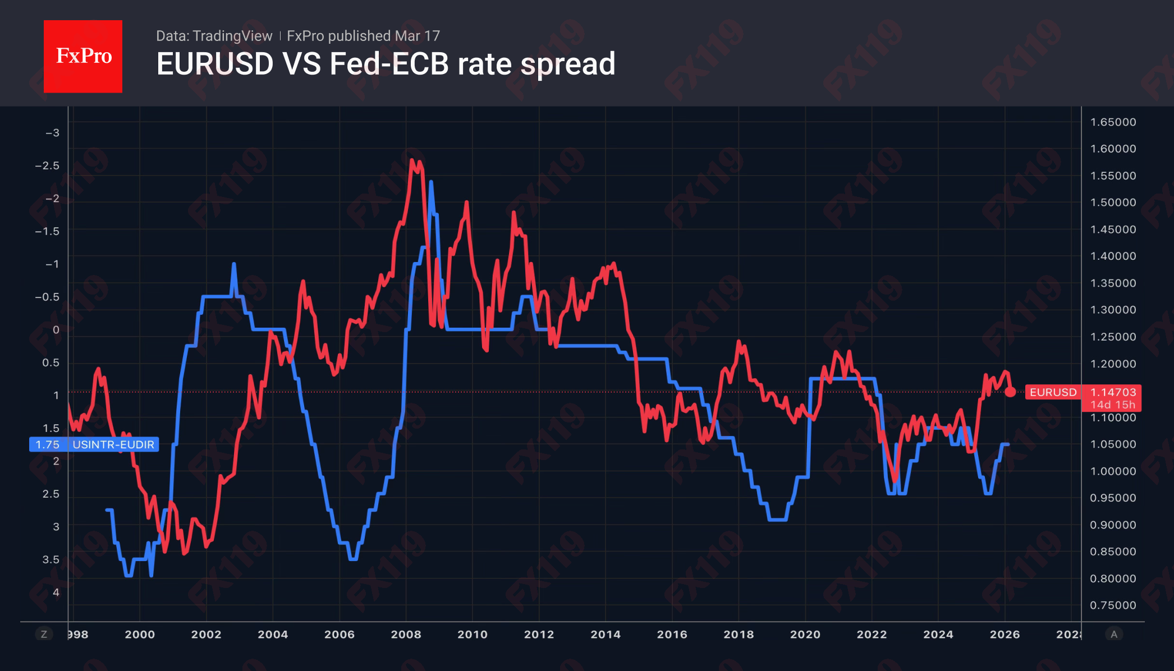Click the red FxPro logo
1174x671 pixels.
(x=83, y=56)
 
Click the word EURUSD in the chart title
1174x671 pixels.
(x=215, y=64)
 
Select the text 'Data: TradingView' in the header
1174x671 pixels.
(x=214, y=36)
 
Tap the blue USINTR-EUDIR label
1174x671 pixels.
(x=113, y=444)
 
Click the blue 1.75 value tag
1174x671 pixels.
(x=47, y=444)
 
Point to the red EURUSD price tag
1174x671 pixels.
(x=1053, y=392)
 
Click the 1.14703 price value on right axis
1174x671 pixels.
(x=1113, y=392)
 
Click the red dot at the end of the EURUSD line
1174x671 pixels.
(x=1010, y=392)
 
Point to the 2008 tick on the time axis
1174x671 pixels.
(x=406, y=634)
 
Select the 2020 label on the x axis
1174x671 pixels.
(x=805, y=634)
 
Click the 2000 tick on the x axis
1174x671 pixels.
(x=140, y=634)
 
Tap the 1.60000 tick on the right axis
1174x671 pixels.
(x=1113, y=149)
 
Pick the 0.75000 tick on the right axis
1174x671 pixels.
(x=1113, y=605)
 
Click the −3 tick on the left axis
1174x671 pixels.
(x=52, y=133)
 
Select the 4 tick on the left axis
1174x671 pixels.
(x=56, y=592)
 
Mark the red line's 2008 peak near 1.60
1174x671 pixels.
(x=412, y=161)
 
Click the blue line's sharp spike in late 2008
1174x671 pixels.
(x=431, y=182)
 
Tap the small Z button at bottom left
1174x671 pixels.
(x=44, y=634)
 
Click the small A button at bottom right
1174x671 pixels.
(x=1114, y=634)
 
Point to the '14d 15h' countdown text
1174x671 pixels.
(x=1112, y=405)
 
